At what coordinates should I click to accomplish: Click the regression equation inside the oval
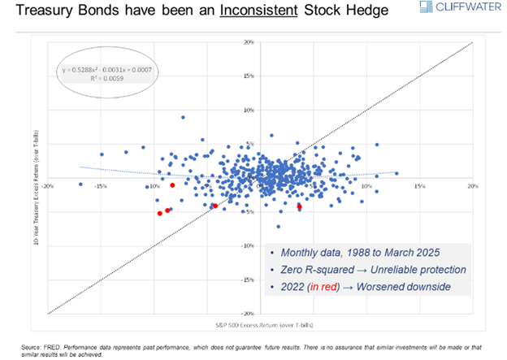pyautogui.click(x=107, y=71)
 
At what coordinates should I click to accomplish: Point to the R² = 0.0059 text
pyautogui.click(x=107, y=80)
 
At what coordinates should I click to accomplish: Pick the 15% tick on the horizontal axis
pyautogui.click(x=419, y=186)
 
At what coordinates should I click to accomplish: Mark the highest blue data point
pyautogui.click(x=183, y=117)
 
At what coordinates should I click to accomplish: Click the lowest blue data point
pyautogui.click(x=278, y=227)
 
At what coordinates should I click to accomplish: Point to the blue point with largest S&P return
pyautogui.click(x=396, y=173)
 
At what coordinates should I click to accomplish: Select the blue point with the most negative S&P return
pyautogui.click(x=80, y=184)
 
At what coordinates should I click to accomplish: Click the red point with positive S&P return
pyautogui.click(x=299, y=206)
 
